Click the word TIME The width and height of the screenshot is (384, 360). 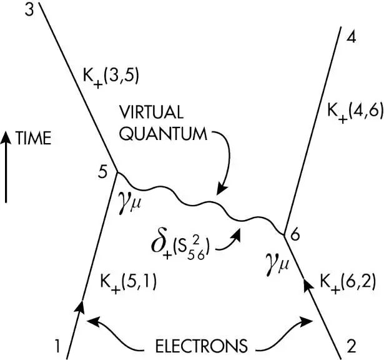coord(33,138)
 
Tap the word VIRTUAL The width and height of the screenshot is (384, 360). coord(151,112)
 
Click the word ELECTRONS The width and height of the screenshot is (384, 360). coord(201,346)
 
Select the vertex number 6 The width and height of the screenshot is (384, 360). coord(295,235)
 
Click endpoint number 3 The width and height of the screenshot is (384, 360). coord(29,9)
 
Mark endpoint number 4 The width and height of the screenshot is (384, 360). coord(351,37)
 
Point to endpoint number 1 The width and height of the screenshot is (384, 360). coord(57,346)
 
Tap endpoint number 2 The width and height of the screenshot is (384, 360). coord(352,346)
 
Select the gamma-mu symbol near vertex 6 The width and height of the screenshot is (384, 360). coord(277,264)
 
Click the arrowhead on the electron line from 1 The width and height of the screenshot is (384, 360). coord(80,306)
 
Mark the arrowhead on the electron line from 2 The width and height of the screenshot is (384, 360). coord(309,285)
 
